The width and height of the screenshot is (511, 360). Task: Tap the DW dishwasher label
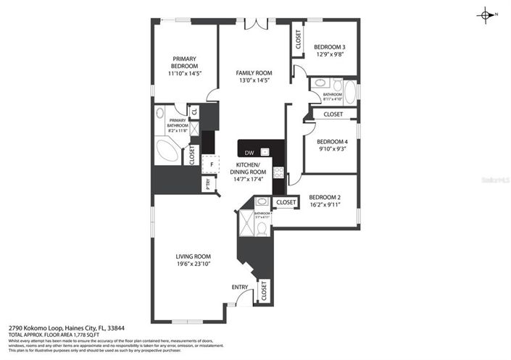(x=249, y=152)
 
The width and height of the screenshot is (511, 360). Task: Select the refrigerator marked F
(x=210, y=164)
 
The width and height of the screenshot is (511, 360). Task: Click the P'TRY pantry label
(x=207, y=185)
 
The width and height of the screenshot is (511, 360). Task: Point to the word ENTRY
(x=240, y=287)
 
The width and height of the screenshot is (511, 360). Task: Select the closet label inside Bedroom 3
(x=299, y=41)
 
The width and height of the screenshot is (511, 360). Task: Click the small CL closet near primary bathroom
(x=194, y=112)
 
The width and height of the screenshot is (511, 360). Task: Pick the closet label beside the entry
(x=263, y=291)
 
